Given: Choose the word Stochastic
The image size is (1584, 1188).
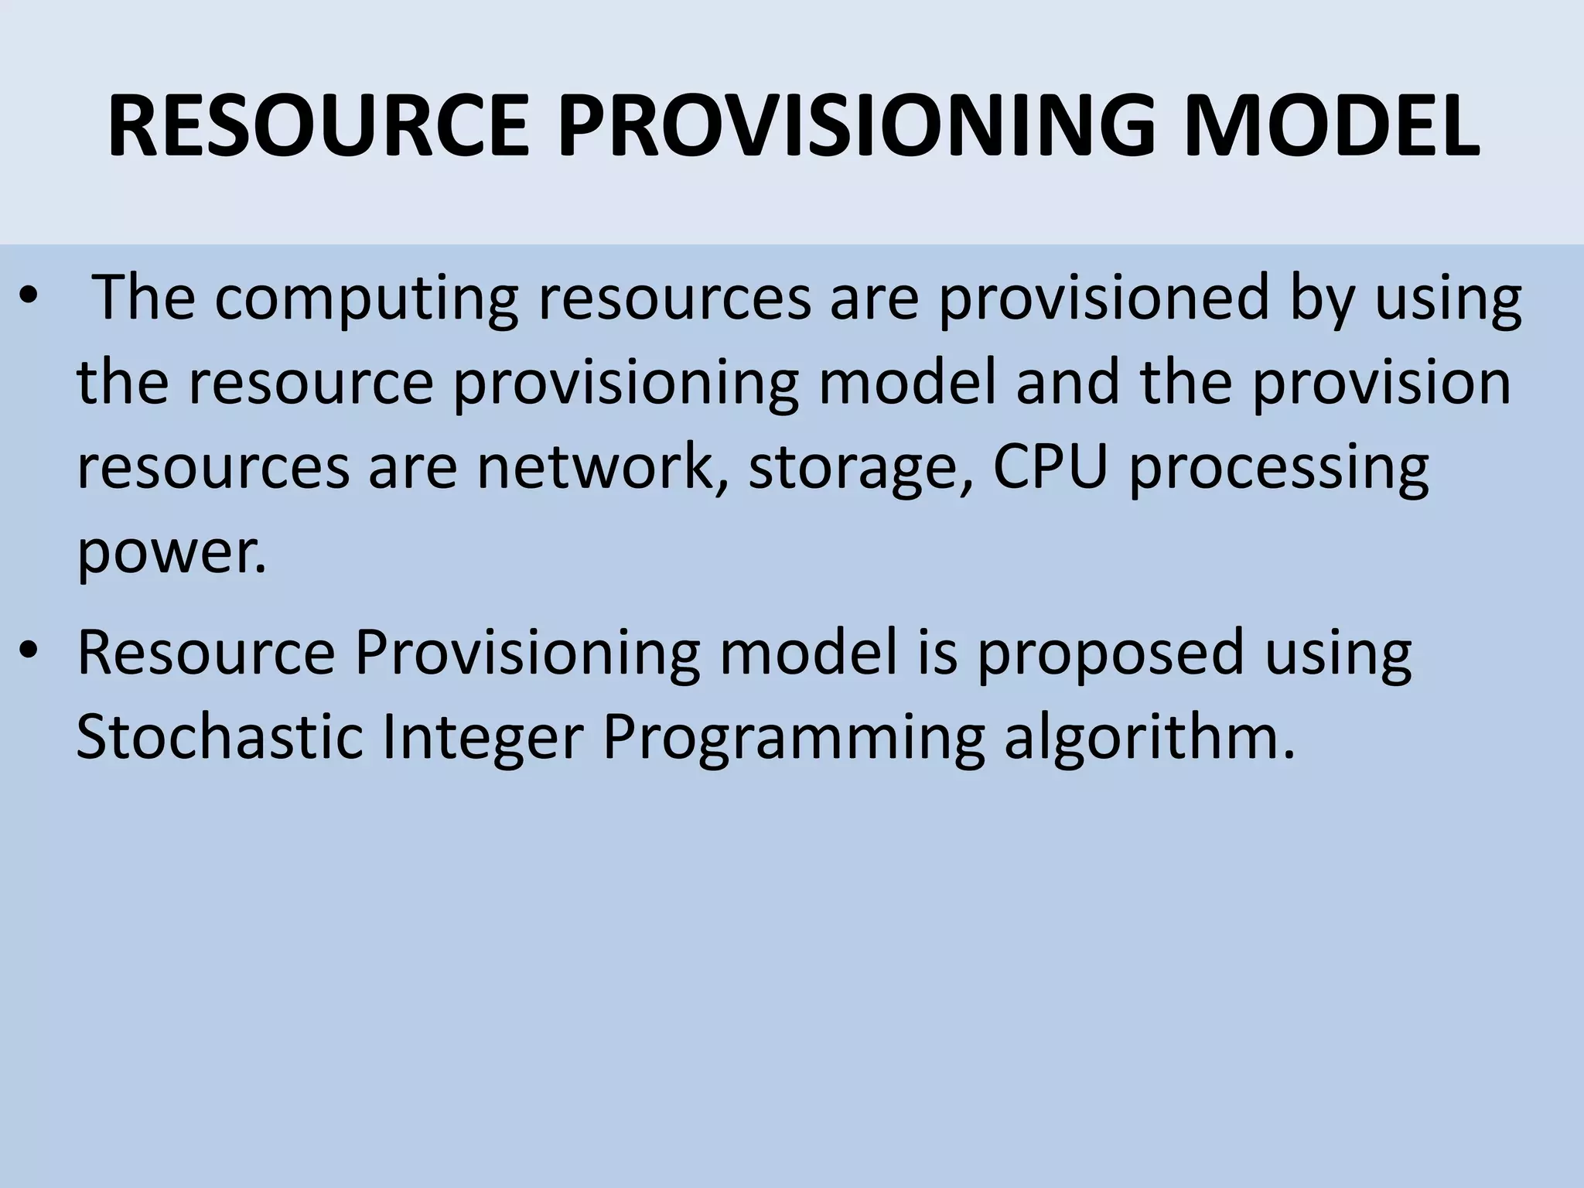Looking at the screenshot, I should coord(220,736).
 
